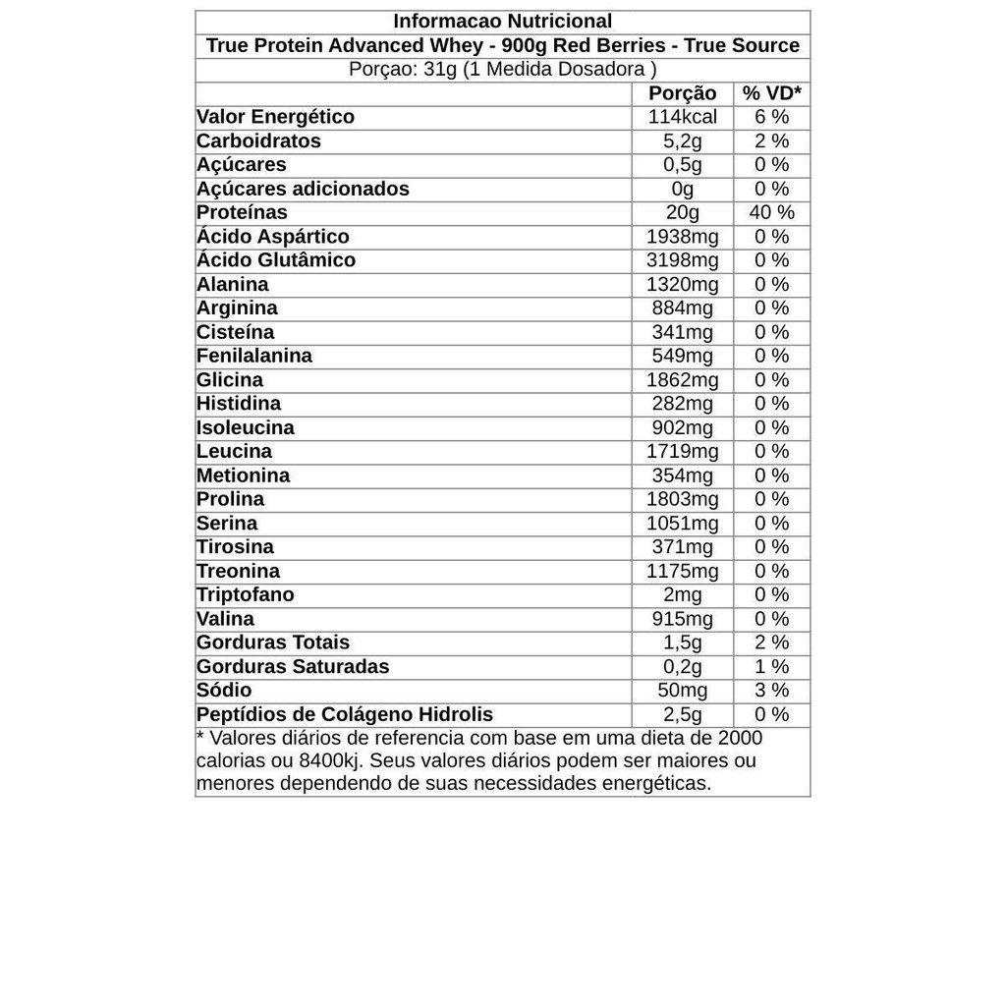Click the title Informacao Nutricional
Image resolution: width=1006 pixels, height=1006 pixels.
click(502, 22)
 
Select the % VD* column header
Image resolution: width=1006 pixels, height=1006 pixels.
click(771, 93)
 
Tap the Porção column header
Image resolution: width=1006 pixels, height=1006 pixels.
click(683, 93)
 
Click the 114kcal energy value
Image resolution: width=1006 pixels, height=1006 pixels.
click(683, 117)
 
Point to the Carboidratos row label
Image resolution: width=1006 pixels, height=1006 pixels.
click(258, 140)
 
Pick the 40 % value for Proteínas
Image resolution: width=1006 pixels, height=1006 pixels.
click(771, 212)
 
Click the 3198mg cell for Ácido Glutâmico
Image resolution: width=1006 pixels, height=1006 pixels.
click(683, 260)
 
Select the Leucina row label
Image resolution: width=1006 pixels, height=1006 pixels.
click(234, 452)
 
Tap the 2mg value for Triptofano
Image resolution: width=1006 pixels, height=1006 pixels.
click(683, 595)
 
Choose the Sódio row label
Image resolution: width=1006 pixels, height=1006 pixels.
click(224, 691)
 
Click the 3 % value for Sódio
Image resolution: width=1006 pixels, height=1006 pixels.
click(771, 691)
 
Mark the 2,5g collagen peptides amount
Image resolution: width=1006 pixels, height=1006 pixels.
click(683, 714)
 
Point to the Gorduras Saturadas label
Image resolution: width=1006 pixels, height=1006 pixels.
click(293, 667)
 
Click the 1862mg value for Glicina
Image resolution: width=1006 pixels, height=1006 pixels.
click(683, 380)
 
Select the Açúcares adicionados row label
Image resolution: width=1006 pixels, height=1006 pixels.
click(303, 189)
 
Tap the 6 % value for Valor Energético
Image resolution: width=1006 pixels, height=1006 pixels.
click(771, 117)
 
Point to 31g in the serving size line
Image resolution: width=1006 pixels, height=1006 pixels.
click(441, 70)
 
